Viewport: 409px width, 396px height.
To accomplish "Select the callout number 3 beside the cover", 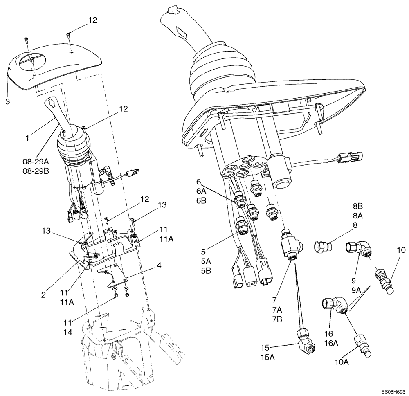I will click(7, 101).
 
